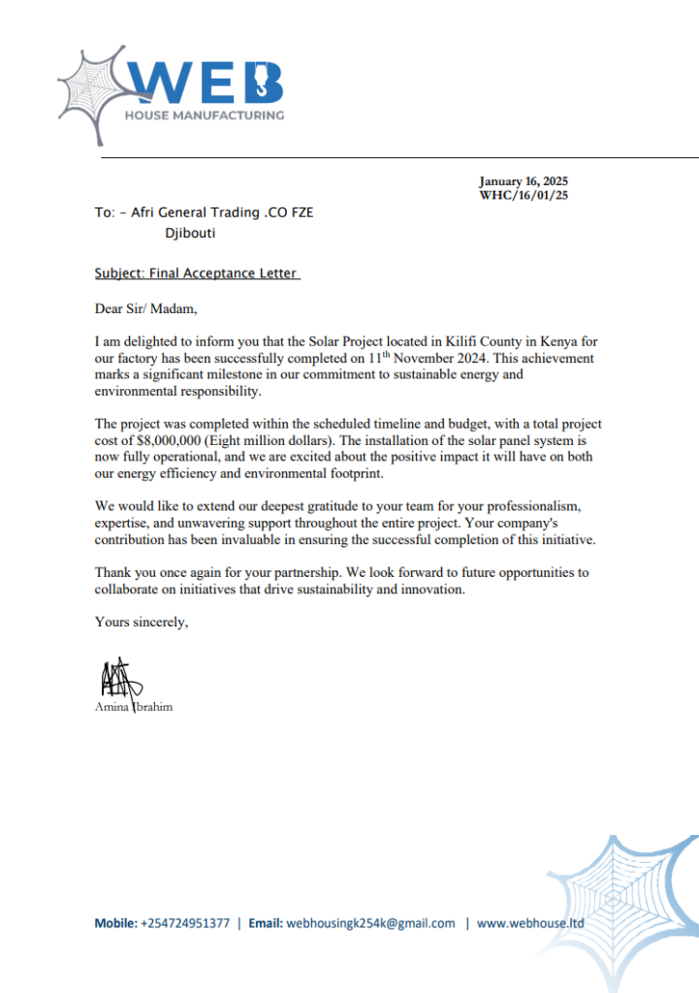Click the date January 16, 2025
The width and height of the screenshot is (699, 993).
(524, 181)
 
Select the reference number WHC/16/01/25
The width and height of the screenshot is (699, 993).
(524, 195)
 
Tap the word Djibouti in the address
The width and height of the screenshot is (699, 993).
(191, 234)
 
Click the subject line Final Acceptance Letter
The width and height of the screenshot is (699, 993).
(197, 274)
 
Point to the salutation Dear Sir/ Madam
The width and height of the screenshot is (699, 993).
(145, 309)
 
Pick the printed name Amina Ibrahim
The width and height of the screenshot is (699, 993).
(134, 707)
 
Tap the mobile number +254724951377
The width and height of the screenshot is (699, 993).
(185, 923)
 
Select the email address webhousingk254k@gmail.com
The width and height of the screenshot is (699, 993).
(371, 923)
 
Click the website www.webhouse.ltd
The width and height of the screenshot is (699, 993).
(530, 923)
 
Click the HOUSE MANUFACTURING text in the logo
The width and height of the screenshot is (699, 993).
(204, 115)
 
